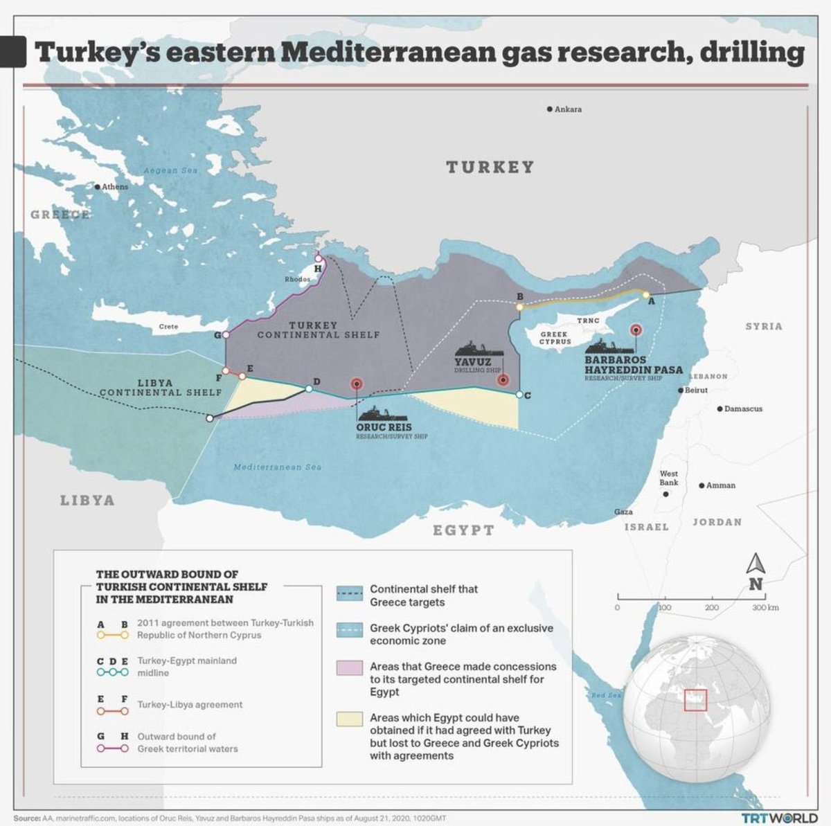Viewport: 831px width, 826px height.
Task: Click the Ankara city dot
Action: click(550, 109)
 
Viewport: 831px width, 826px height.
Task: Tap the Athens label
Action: click(115, 187)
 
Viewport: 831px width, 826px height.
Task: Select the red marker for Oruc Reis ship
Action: click(357, 383)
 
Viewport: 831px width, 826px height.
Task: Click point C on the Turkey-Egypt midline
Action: click(519, 395)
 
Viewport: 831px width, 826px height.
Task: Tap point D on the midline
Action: click(309, 389)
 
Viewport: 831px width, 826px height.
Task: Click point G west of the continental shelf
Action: click(226, 335)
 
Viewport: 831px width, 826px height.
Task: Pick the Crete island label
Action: click(168, 327)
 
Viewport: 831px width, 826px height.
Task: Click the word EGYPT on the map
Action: click(463, 530)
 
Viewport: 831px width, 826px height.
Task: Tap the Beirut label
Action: click(696, 390)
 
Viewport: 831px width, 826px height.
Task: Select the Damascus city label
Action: click(743, 409)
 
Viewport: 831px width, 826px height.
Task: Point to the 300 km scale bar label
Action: click(765, 607)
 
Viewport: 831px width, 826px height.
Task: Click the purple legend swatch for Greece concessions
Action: click(350, 667)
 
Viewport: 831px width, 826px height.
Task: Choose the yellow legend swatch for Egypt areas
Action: click(350, 719)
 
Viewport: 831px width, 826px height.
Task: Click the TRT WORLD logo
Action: click(779, 818)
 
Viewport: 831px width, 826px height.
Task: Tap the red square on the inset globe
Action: click(695, 700)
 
